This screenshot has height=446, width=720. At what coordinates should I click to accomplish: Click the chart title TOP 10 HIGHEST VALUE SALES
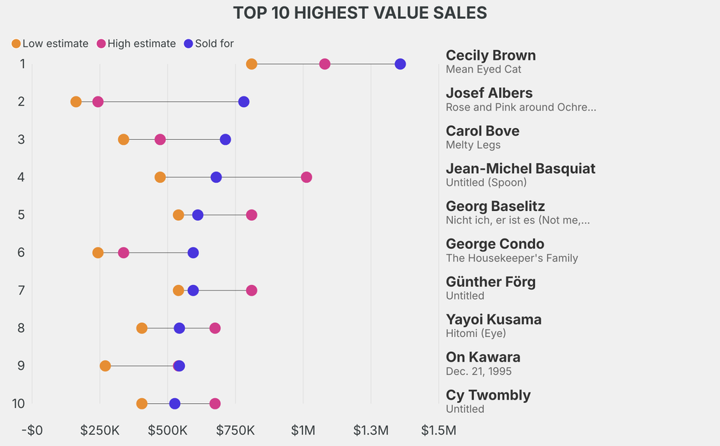coord(360,13)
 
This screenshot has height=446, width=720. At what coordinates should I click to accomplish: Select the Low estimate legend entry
coord(50,44)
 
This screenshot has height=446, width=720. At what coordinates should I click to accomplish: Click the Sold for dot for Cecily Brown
coord(400,64)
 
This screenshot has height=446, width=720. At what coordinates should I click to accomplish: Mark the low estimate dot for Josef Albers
coord(76,102)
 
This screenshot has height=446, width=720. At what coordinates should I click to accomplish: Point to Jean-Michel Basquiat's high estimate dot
coord(307,177)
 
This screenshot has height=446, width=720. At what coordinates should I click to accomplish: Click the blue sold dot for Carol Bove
coord(225,139)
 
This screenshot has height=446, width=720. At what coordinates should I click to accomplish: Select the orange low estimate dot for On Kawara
coord(105,366)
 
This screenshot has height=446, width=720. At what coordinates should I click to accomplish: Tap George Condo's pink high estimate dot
coord(124,253)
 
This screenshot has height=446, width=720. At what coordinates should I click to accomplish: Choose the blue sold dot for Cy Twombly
coord(174,404)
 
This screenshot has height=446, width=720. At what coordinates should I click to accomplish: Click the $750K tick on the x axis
coord(236,430)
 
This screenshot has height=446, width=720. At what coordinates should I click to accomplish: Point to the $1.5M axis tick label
coord(438,430)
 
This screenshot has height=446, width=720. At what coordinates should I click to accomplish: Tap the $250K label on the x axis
coord(99,430)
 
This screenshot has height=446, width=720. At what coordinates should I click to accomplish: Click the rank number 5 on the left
coord(22,215)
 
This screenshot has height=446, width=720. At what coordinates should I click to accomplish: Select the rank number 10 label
coord(19,404)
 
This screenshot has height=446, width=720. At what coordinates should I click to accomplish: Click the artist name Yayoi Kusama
coord(494,319)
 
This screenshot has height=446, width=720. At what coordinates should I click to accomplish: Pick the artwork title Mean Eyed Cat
coord(483,70)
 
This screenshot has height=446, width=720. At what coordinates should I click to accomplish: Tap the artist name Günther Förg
coord(491,281)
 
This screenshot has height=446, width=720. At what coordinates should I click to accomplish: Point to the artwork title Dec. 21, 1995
coord(479,371)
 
